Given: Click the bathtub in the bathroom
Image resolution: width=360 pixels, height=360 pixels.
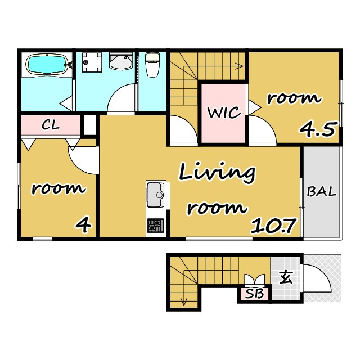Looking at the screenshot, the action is [47, 64].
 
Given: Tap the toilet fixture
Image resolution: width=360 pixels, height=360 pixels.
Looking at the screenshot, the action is [152, 65].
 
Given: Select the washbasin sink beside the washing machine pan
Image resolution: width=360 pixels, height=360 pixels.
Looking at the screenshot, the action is [121, 61].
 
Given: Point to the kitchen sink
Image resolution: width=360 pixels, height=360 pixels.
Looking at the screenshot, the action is [156, 195].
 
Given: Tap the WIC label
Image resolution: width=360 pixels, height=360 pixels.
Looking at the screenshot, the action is [224, 112].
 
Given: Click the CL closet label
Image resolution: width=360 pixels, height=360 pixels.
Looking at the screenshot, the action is [51, 125].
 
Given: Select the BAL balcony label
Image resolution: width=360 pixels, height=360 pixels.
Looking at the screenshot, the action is [321, 191].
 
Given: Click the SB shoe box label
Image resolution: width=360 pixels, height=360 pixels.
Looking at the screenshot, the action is [254, 294].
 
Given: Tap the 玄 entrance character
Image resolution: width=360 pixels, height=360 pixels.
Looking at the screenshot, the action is [286, 277].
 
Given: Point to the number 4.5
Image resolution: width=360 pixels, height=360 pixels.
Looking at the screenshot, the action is [319, 129].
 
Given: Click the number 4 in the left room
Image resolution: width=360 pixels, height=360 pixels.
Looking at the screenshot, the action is [84, 225].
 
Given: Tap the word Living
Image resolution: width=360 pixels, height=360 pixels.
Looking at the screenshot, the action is [217, 173].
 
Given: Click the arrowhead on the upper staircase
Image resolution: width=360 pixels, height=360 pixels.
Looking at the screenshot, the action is [240, 66].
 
